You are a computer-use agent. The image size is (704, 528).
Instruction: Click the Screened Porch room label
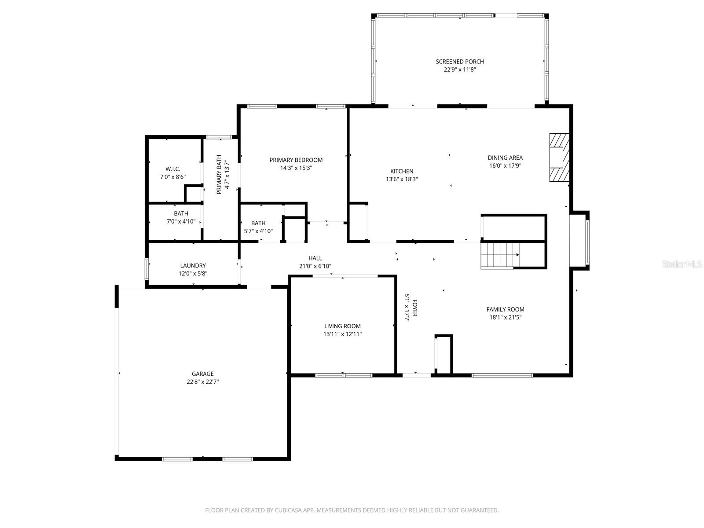(x=459, y=62)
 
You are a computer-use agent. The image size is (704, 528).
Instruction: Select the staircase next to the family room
(x=499, y=255)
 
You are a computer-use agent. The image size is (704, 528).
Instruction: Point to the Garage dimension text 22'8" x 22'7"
(x=202, y=382)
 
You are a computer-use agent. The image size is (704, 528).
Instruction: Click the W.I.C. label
(x=172, y=169)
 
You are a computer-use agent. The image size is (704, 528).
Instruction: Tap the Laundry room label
(x=193, y=266)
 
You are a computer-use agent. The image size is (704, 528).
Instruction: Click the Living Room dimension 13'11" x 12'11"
(x=342, y=334)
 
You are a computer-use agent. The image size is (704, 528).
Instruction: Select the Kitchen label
(x=402, y=171)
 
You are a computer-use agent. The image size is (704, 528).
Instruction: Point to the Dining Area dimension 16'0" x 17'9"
(x=505, y=166)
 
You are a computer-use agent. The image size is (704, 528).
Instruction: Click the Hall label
(x=315, y=258)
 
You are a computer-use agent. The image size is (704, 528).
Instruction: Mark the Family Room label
(x=505, y=309)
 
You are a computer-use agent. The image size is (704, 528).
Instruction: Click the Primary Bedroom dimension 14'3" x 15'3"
(x=296, y=168)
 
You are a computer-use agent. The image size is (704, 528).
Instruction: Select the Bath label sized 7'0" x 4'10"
(x=181, y=213)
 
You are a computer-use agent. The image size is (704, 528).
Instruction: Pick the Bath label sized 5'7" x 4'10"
(x=258, y=223)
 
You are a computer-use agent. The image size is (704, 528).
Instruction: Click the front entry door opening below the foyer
(x=417, y=375)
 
